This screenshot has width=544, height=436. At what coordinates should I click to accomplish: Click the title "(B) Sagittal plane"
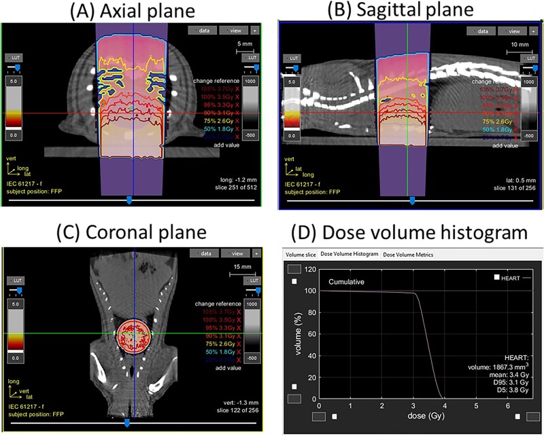pos(409,12)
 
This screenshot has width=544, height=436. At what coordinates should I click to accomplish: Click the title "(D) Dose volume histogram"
pos(409,232)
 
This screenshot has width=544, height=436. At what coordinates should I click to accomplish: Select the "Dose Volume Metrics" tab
pos(408,255)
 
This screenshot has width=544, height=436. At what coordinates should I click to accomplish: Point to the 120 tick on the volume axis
pos(310,270)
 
